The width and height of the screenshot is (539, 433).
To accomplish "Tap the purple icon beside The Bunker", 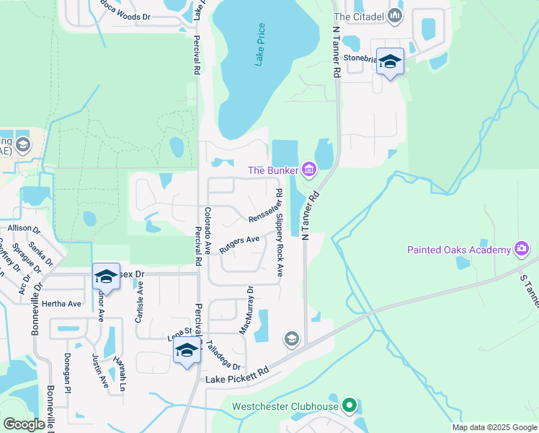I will click(309, 170).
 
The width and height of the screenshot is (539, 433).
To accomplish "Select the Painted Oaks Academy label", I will click(458, 250).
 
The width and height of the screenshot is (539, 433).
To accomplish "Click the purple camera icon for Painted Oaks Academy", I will click(522, 250).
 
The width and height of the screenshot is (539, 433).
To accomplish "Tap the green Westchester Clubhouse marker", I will click(349, 406).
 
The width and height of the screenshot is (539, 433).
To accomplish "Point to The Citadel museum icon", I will click(394, 15).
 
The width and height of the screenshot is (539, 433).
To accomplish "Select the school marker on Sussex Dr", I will click(106, 276).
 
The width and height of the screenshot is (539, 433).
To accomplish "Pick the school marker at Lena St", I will click(187, 351).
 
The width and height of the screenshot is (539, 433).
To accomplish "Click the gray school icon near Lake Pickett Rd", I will click(291, 339).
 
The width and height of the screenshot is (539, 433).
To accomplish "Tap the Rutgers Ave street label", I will click(239, 244).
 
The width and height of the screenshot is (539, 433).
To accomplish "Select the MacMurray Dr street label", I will click(246, 310).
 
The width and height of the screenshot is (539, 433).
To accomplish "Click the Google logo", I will click(24, 424).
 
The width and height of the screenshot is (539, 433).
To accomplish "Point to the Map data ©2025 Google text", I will click(494, 427).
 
